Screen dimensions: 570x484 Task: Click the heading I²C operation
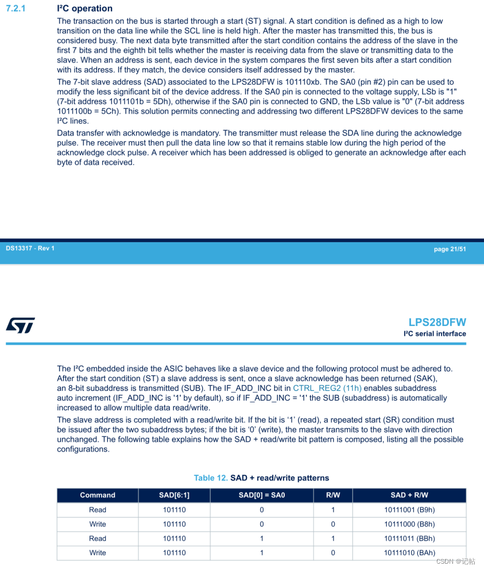[x=85, y=9]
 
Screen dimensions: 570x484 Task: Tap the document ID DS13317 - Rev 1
[x=30, y=248]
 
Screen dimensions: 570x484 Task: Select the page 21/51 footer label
[x=450, y=249]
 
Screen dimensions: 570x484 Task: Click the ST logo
[x=21, y=325]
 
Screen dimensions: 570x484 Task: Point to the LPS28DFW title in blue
[x=437, y=322]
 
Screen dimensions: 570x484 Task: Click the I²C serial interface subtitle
[x=435, y=334]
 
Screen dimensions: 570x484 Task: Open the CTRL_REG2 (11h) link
[x=327, y=388]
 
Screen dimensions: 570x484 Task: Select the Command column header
[x=98, y=495]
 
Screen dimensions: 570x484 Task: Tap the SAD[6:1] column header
[x=174, y=495]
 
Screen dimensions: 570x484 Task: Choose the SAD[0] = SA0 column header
[x=261, y=495]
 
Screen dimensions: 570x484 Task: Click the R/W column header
[x=333, y=495]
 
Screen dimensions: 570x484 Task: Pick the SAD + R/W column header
[x=409, y=495]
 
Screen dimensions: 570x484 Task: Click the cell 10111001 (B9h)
[x=409, y=510]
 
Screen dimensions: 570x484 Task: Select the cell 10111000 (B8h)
[x=409, y=524]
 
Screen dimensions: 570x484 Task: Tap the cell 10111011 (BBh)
[x=409, y=538]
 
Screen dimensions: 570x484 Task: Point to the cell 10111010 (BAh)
[x=409, y=553]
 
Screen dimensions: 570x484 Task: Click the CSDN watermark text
[x=455, y=561]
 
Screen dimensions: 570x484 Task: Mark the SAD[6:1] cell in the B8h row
[x=174, y=524]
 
